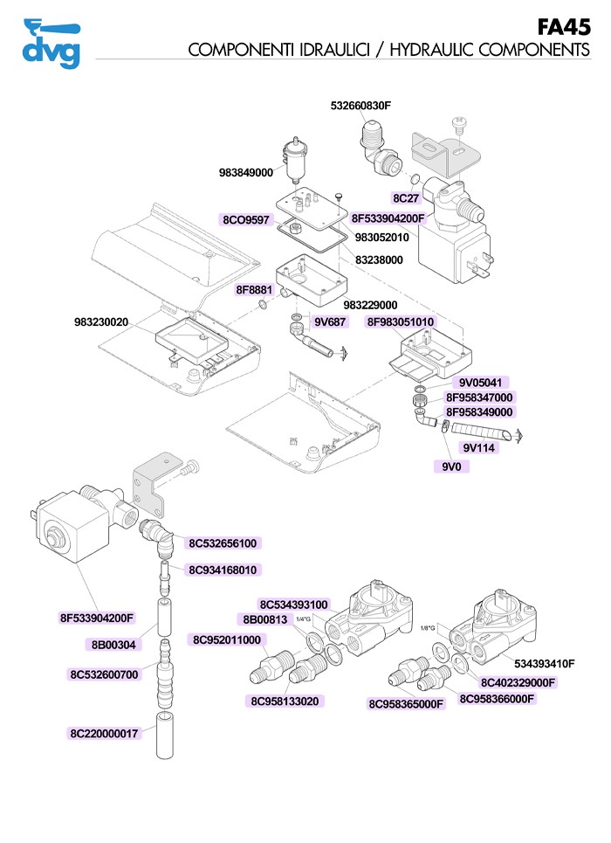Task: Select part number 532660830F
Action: pos(360,106)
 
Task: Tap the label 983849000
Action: pos(246,173)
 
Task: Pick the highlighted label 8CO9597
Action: pos(246,219)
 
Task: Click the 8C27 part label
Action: pos(406,199)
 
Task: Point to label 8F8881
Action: pos(254,289)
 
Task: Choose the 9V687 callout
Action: pos(330,321)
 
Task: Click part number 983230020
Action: pos(101,322)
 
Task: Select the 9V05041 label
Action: pos(479,383)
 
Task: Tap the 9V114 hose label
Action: pos(479,448)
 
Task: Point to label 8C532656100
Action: pos(223,542)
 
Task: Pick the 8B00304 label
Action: pos(113,645)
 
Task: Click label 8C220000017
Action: pos(104,733)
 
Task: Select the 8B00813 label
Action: pos(264,619)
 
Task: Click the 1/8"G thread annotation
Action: pos(427,627)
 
